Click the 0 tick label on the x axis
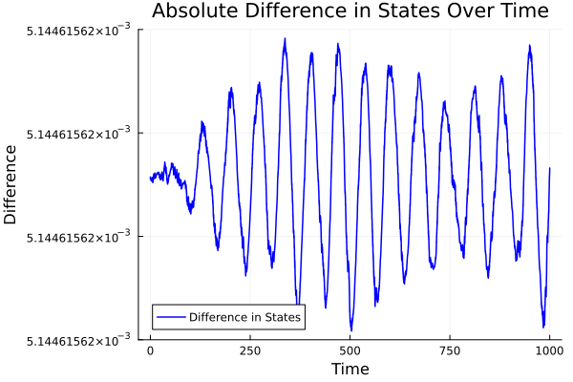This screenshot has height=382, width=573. [150, 350]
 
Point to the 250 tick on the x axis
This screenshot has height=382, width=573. [250, 350]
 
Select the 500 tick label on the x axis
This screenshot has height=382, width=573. [350, 350]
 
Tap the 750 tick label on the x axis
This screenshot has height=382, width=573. [451, 350]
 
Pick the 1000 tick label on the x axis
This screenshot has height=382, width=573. [550, 350]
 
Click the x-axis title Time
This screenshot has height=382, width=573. [350, 369]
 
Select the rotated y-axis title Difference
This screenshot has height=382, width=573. [11, 184]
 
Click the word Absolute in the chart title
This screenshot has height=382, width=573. [193, 11]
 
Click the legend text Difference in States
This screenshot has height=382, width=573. [244, 317]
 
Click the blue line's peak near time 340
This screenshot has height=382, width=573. [285, 40]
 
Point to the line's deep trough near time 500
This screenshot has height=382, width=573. [350, 329]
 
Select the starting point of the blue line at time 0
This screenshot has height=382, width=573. [150, 177]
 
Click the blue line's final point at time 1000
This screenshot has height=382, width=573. [550, 168]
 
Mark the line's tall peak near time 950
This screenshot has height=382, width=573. [529, 45]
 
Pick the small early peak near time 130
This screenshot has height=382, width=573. [202, 122]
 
